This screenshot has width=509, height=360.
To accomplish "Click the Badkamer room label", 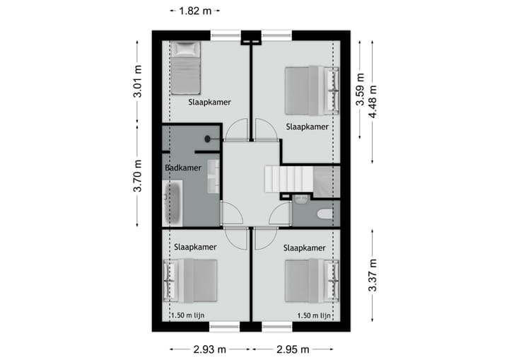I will click(x=182, y=168).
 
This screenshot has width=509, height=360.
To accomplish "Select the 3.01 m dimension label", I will click(x=138, y=82).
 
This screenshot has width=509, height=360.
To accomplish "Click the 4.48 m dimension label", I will click(x=373, y=102).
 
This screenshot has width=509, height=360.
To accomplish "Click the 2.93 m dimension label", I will click(x=209, y=349).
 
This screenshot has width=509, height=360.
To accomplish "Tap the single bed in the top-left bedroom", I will click(x=187, y=68).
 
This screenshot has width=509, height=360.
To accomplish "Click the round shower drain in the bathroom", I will click(x=209, y=139).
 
